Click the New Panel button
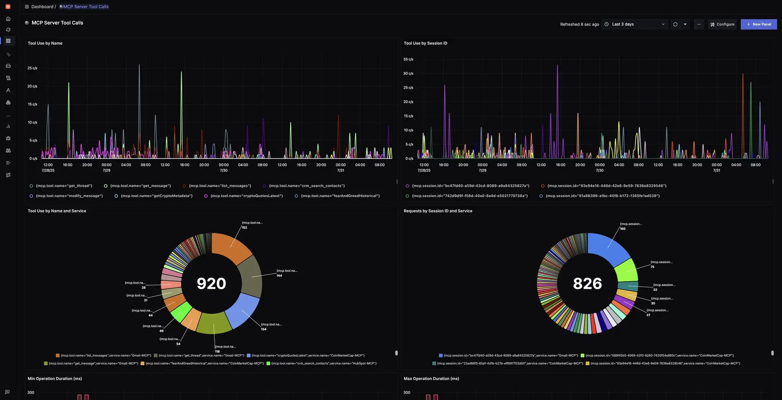759,24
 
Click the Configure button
722,24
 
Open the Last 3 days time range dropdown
634,24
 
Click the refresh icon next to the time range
675,24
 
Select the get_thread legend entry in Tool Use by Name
64,186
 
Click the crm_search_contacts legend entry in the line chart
306,186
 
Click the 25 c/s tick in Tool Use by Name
32,68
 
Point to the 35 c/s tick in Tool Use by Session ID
408,59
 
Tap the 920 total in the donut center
211,283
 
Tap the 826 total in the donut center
587,283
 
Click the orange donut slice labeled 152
232,248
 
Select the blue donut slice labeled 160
608,248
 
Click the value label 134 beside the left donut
264,329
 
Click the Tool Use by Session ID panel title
425,43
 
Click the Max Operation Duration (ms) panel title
431,379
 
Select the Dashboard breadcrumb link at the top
42,7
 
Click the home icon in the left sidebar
8,19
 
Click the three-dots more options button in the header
699,24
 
